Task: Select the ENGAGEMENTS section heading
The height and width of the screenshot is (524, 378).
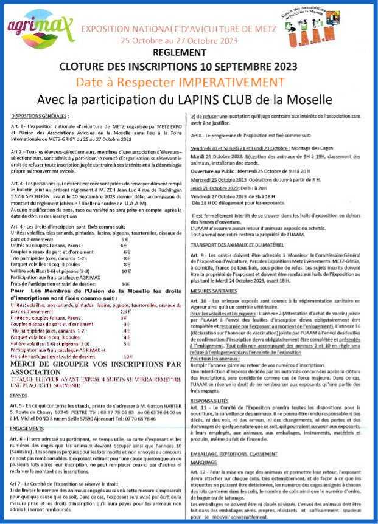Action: coord(28,428)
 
